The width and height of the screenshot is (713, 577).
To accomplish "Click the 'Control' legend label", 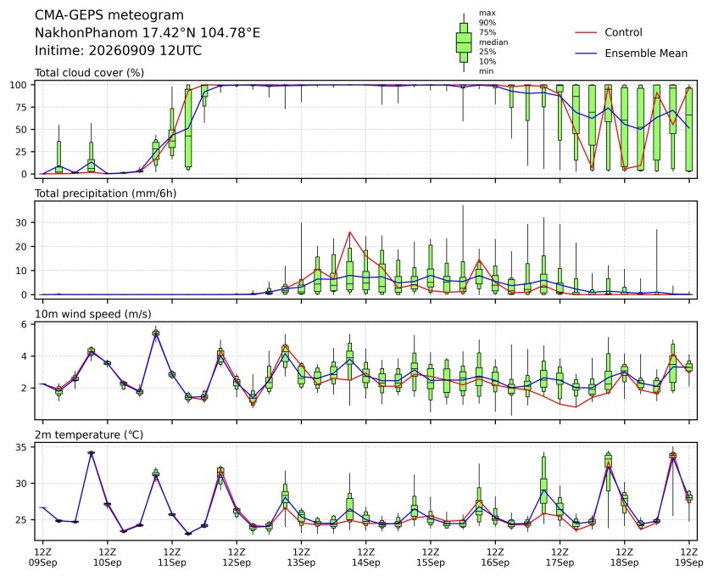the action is click(623, 32).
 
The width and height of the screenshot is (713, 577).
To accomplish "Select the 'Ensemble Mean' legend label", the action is click(646, 53).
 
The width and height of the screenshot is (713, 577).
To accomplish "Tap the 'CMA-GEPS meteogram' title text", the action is click(109, 15).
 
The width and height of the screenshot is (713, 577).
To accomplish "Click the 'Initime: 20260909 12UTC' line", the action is click(118, 50).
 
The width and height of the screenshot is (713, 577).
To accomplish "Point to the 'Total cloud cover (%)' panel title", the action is click(90, 73).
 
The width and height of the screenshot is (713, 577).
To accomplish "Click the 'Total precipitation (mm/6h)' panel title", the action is click(105, 193).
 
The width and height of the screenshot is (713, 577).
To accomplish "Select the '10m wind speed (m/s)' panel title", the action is click(93, 314).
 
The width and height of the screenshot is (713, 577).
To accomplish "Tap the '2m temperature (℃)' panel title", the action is click(89, 435).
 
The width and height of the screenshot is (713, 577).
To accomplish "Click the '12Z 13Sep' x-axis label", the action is click(301, 557).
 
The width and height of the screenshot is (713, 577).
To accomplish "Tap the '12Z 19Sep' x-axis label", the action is click(689, 557).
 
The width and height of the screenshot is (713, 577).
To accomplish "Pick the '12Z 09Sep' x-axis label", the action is click(42, 557).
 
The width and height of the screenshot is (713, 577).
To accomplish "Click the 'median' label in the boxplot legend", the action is click(493, 42).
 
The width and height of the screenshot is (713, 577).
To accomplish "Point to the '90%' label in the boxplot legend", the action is click(487, 23).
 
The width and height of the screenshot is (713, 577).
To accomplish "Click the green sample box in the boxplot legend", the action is click(464, 42).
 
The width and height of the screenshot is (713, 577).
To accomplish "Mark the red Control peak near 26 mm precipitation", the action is click(349, 232).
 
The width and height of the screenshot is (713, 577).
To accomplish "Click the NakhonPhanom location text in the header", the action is click(148, 33).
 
